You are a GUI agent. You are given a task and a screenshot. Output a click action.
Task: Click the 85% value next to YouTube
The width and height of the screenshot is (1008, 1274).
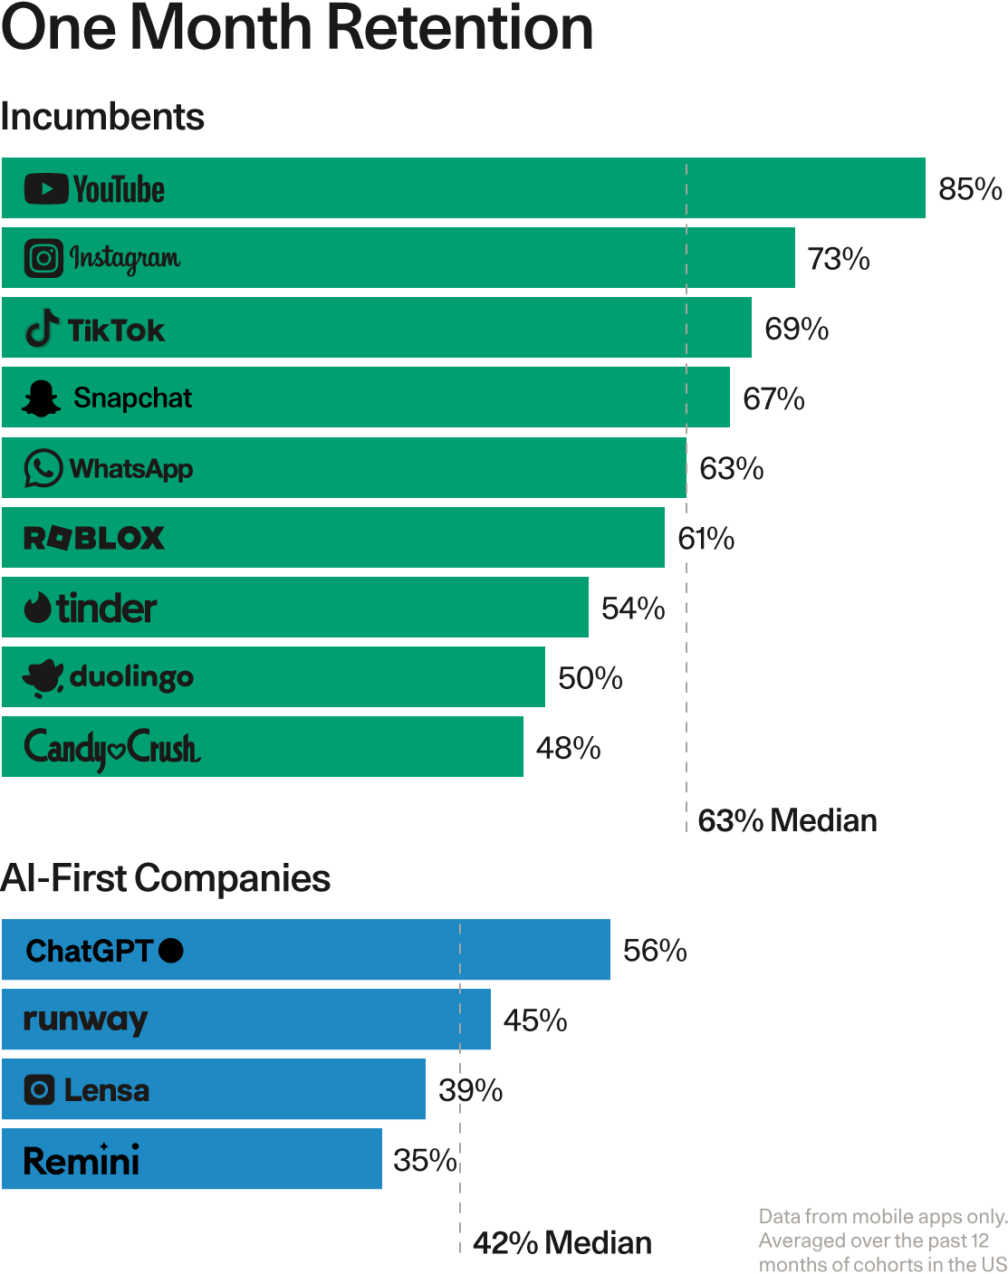coord(970,189)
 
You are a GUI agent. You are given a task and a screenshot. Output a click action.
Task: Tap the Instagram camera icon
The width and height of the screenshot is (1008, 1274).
coord(43,258)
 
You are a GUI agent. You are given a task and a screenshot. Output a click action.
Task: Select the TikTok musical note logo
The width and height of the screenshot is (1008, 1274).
coord(42,329)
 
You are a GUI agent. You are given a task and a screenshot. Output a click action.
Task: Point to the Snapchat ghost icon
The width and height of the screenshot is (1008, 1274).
coord(41,398)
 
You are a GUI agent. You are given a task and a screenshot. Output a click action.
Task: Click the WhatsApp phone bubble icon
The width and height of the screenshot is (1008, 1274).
coord(43,468)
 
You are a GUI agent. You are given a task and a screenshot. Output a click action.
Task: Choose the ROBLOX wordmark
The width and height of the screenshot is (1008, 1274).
coord(94,538)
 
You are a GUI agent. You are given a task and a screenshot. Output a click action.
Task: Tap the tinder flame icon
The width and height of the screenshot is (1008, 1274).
coord(38,608)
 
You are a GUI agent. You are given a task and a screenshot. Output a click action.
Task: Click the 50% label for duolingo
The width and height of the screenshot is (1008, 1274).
coord(590,678)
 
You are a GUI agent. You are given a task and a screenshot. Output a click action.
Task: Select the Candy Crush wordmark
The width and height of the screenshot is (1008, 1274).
coord(112,749)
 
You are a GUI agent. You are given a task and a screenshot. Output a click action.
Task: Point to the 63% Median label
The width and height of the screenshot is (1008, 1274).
coord(787,820)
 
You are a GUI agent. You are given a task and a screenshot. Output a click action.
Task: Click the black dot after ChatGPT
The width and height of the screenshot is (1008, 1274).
coord(171,951)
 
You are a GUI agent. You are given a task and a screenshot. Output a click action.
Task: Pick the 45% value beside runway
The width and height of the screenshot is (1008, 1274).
coord(535,1020)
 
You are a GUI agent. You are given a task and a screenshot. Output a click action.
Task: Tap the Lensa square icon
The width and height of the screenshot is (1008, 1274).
coord(39,1089)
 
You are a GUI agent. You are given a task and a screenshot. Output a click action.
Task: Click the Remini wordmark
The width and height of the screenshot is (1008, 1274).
coord(82,1161)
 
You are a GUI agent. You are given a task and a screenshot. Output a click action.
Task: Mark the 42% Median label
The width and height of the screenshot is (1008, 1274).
coord(562,1243)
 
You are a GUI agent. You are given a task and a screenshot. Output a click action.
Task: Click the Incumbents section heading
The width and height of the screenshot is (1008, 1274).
coord(102,117)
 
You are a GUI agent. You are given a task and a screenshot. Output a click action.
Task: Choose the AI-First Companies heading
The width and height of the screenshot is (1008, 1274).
coord(166,878)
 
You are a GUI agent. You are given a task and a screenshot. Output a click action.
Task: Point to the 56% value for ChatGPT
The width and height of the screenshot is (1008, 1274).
coord(655,951)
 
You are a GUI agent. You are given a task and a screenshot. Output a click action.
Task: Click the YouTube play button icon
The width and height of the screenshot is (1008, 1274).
coord(46,189)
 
